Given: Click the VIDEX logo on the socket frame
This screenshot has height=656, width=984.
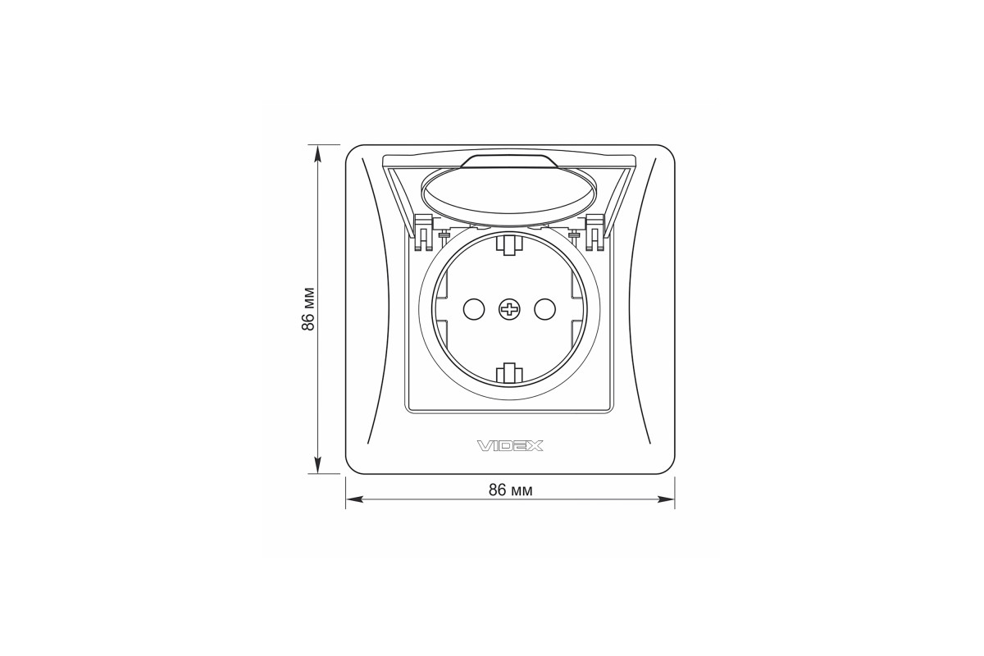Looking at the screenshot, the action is coord(510,446).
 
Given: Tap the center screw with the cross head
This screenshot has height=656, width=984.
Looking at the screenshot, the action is coord(509,310).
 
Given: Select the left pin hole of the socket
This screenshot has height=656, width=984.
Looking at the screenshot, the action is coord(474,310).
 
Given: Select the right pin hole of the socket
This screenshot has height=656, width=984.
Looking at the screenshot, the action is coord(544,310).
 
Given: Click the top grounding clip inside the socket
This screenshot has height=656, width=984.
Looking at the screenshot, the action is coord(509,244).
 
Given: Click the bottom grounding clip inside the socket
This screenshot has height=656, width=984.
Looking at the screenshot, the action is coord(509,374).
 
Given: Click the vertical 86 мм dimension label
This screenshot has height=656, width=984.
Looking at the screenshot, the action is coord(308,309).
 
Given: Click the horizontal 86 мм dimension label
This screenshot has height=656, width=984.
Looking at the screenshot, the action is coord(510,490).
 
